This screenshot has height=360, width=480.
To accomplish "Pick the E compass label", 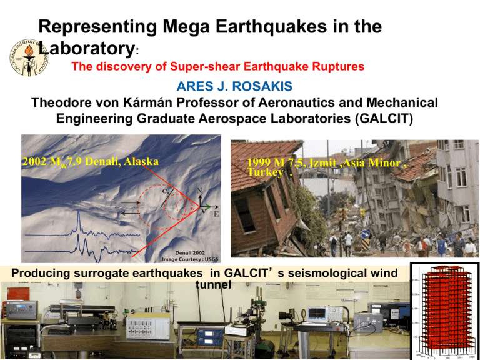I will coord(216,215).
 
